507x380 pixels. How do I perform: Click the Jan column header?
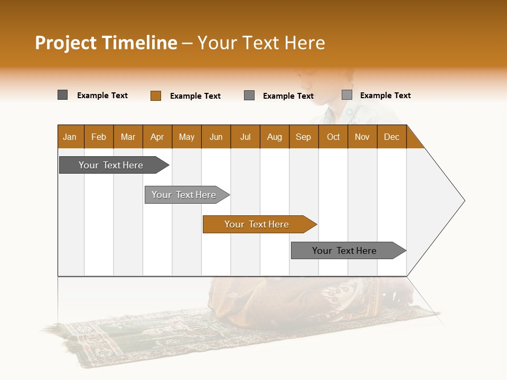70,137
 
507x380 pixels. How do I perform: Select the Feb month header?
99,137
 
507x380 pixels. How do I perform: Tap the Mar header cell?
128,137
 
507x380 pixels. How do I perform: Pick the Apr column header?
157,137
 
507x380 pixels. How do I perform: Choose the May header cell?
186,137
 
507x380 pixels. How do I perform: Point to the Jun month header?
216,137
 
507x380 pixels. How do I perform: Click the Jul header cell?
245,137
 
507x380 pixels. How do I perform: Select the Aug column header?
275,137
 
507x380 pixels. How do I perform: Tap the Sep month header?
304,137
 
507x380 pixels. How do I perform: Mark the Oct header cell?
333,137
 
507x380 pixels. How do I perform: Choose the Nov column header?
362,137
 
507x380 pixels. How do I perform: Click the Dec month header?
392,137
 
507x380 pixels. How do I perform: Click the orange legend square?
155,96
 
